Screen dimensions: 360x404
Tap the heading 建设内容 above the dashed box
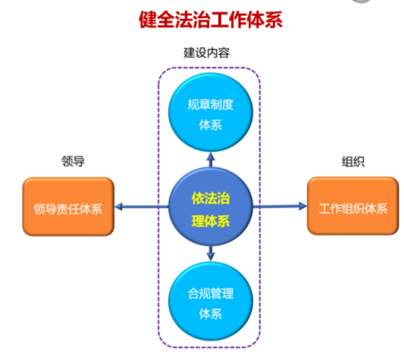point(206,54)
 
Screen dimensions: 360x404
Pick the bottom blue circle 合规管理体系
point(211,302)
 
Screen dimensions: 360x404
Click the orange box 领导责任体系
point(68,207)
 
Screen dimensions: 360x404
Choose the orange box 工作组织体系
point(353,207)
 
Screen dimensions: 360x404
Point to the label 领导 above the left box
point(73,161)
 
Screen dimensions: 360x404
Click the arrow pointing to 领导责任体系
point(140,207)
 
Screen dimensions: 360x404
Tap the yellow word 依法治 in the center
point(210,198)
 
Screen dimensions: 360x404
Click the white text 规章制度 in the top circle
point(211,105)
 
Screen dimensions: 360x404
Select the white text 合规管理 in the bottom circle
point(211,294)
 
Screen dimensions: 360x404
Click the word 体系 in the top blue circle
point(211,125)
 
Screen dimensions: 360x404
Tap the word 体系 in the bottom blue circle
point(211,313)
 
